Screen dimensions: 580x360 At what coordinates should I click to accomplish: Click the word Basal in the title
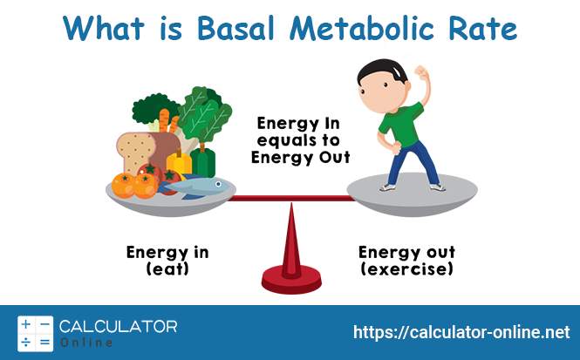click(235, 28)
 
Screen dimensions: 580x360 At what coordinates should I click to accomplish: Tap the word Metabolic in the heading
click(361, 28)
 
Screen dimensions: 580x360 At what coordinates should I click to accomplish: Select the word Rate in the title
click(482, 29)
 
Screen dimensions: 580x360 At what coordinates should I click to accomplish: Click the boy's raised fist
click(421, 71)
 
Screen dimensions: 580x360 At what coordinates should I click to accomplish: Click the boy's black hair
click(381, 71)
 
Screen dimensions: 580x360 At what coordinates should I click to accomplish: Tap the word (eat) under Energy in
click(167, 268)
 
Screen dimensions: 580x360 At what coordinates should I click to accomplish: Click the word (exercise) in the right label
click(407, 268)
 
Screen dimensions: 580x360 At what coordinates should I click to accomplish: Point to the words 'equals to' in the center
click(298, 140)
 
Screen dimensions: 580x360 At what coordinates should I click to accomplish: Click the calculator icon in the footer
click(36, 333)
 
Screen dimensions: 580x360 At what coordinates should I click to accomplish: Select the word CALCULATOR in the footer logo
click(118, 327)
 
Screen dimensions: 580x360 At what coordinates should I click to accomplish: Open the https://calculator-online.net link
click(461, 332)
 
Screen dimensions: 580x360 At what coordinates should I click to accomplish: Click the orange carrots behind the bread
click(168, 121)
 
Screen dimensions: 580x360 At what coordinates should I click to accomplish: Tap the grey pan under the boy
click(412, 194)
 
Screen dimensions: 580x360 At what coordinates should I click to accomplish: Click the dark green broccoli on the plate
click(154, 108)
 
